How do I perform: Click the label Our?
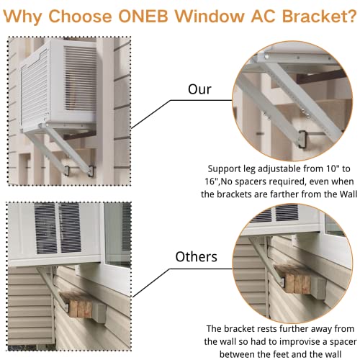199,90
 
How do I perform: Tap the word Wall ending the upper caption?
337,194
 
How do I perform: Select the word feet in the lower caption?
279,354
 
